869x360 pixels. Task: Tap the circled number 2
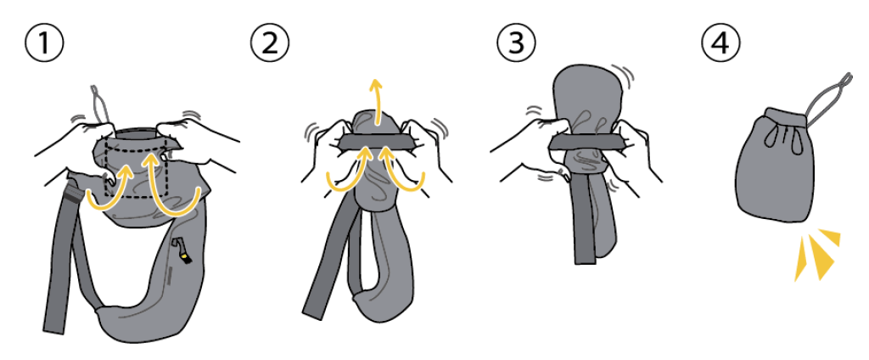click(269, 43)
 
